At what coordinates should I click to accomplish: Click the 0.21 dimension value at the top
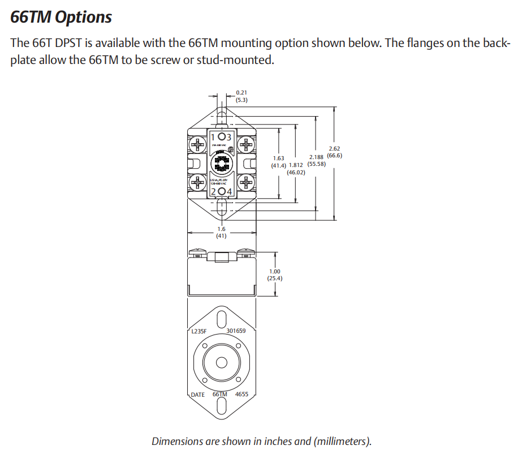[241, 92]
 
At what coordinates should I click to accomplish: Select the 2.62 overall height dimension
[334, 148]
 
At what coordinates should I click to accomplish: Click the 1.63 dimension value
[278, 158]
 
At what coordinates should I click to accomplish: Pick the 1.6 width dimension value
[221, 229]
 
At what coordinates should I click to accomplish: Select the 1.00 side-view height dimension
[275, 272]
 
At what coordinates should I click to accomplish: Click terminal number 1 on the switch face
[213, 138]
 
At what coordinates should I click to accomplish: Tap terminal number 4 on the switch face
[230, 191]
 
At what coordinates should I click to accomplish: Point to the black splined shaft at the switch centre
[221, 164]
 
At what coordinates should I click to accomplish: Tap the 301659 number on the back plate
[236, 331]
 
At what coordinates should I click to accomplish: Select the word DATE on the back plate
[198, 395]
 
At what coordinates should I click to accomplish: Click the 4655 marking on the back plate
[242, 395]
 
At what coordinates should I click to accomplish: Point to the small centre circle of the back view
[222, 362]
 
